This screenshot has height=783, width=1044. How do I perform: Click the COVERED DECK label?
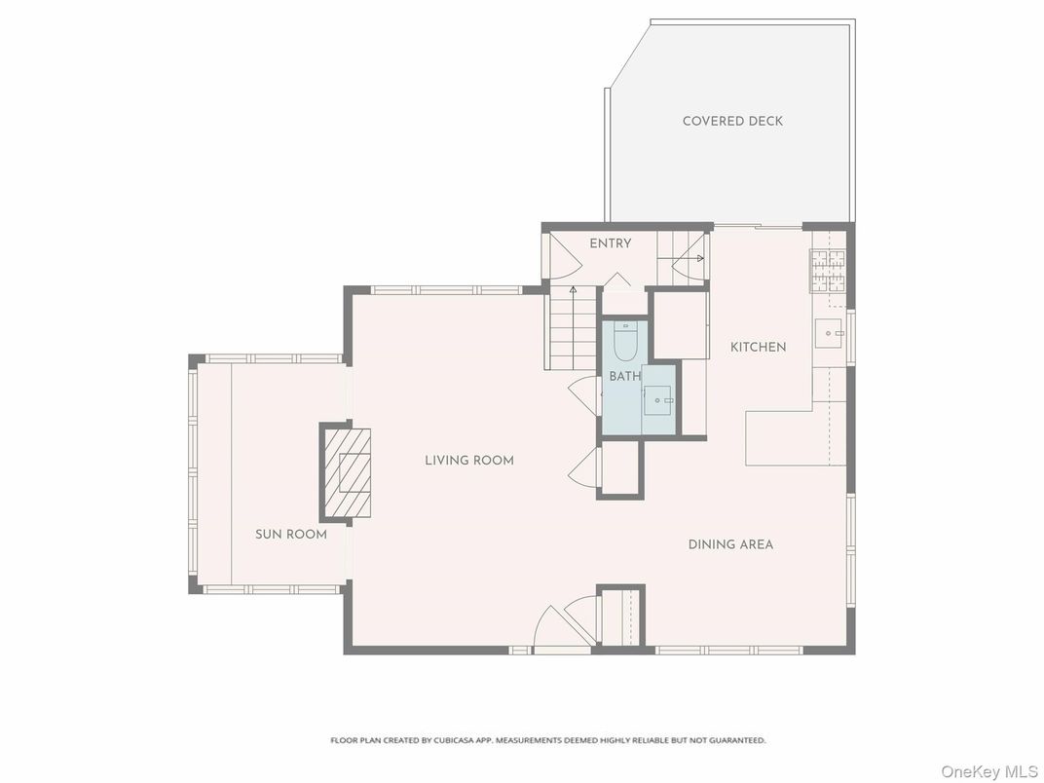tap(732, 121)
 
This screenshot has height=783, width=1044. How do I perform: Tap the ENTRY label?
tap(610, 243)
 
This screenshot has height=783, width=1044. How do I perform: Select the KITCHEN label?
tap(758, 347)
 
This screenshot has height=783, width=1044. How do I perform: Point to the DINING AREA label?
tap(730, 544)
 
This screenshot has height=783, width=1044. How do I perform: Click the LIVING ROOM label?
tap(469, 460)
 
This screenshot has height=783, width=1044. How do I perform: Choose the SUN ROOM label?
tap(291, 534)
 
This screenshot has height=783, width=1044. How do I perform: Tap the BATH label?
tap(624, 377)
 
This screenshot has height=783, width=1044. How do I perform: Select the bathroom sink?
tap(661, 399)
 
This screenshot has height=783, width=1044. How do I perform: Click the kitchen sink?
tap(830, 333)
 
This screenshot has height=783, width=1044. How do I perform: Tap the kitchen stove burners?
tap(828, 272)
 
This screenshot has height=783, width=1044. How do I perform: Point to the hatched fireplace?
tap(347, 472)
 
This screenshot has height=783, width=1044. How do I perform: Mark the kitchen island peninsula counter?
tap(779, 438)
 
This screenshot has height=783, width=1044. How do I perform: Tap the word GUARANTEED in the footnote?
tap(737, 740)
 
